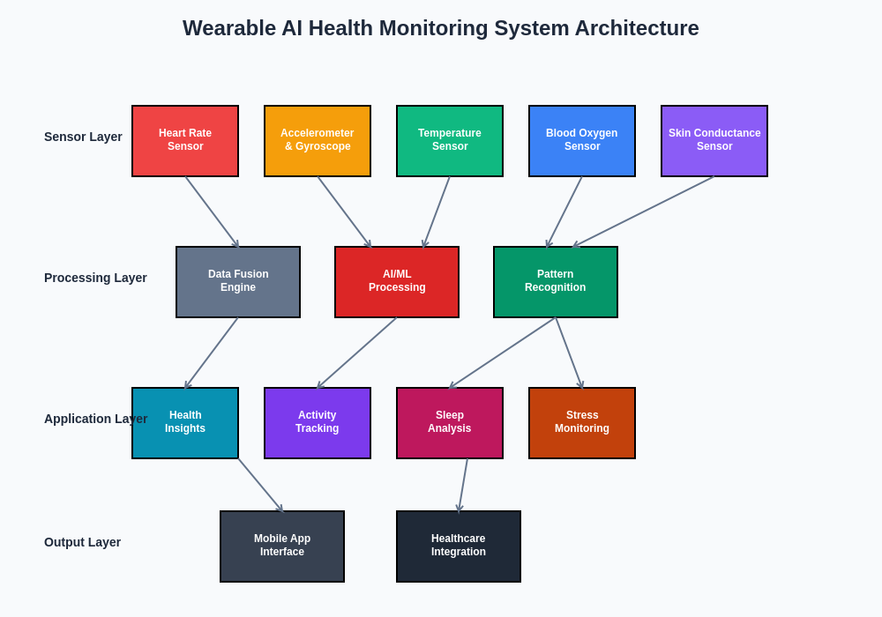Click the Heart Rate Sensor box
[185, 141]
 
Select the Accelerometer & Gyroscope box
[318, 141]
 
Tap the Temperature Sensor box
[450, 141]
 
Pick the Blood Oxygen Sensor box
[582, 141]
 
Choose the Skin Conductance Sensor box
[714, 141]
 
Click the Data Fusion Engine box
[238, 282]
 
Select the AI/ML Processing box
[397, 282]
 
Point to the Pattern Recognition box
[556, 282]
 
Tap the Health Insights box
[185, 423]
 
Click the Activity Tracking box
[318, 423]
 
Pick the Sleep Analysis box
[450, 423]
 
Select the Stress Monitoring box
[582, 423]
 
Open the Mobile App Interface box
[282, 546]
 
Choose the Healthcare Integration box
[459, 546]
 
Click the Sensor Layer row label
[83, 137]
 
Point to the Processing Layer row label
[95, 278]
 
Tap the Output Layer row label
[82, 542]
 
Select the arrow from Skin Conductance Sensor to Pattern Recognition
[644, 212]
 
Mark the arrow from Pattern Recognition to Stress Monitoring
[569, 353]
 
